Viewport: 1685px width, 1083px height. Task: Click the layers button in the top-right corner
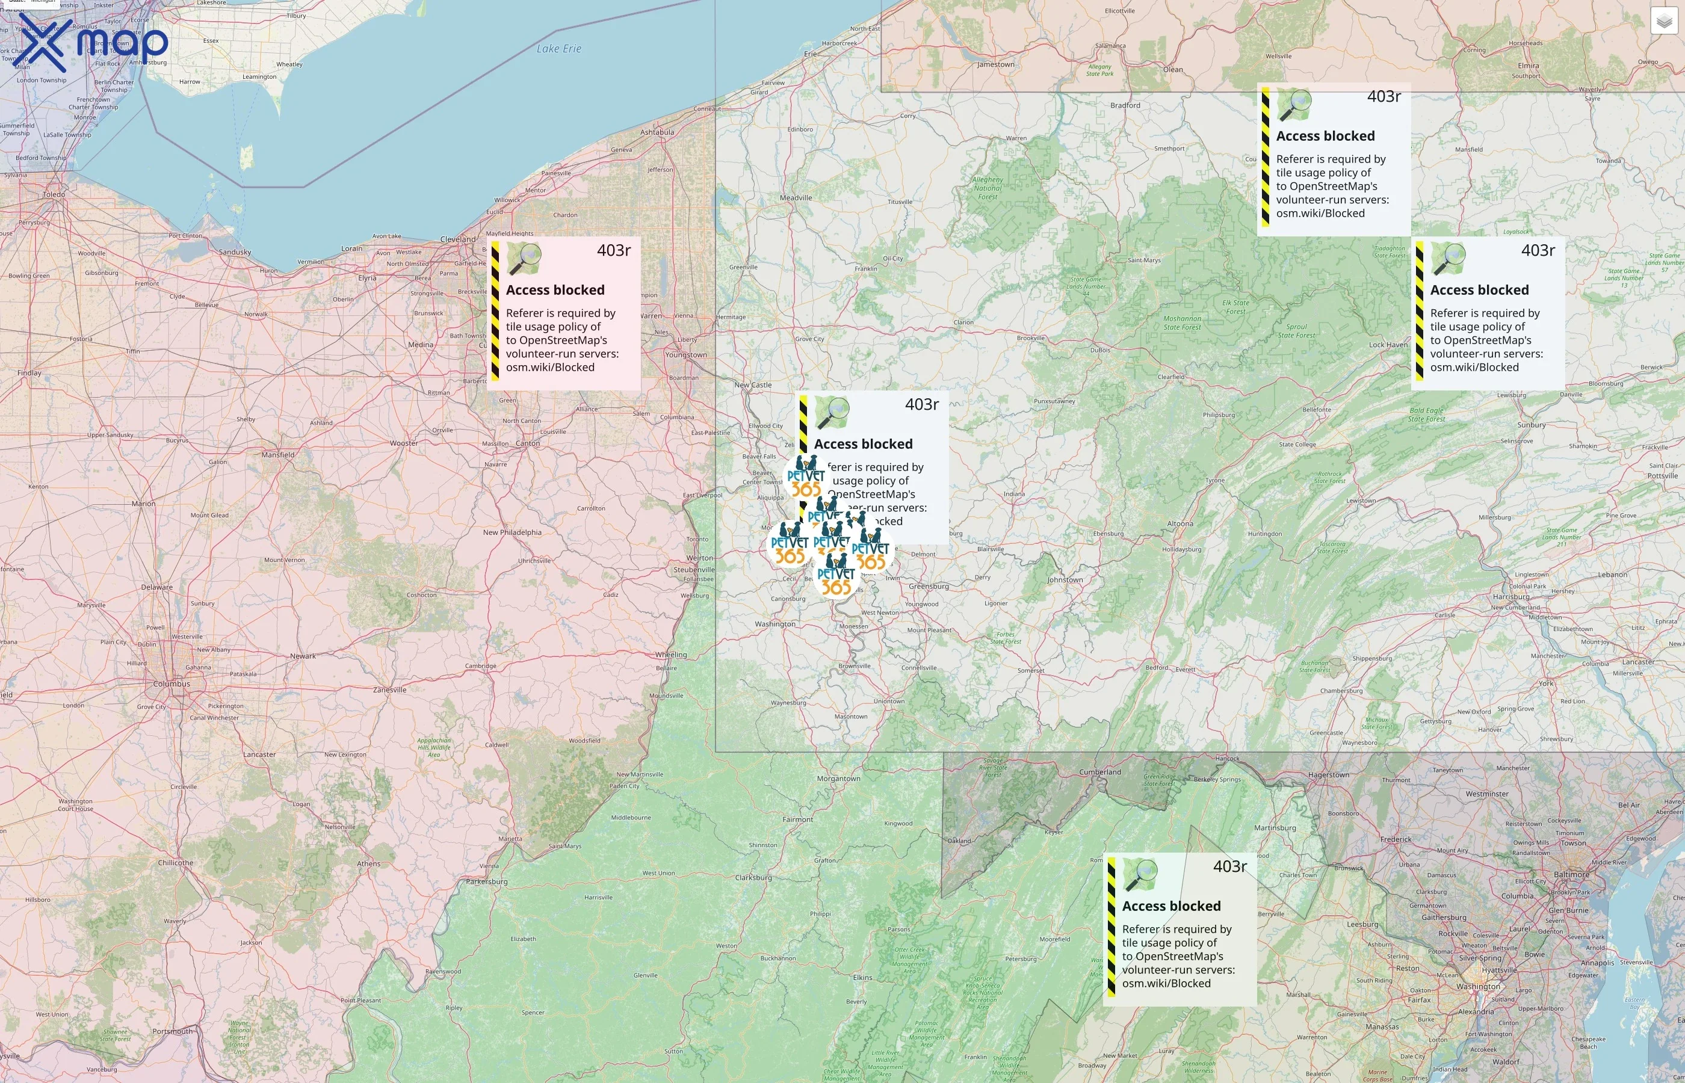pos(1664,21)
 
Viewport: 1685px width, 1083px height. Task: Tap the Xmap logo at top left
pos(93,43)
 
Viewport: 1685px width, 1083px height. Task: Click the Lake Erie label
pos(558,49)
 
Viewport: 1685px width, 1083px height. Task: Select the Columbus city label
pos(172,683)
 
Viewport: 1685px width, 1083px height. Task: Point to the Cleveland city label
pos(458,239)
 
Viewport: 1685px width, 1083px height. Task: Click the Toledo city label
pos(54,194)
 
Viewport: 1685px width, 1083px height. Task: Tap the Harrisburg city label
pos(1530,597)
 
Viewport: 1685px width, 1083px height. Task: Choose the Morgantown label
pos(838,779)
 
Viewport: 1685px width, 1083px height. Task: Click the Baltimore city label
pos(1571,875)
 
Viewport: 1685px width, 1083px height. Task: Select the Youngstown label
pos(685,354)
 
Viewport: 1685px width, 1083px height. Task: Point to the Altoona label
pos(1180,524)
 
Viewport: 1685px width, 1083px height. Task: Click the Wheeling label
pos(671,655)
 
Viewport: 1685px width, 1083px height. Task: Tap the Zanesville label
pos(389,690)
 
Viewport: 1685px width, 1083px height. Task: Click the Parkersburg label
pos(487,881)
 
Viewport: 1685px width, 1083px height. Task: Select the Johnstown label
pos(1065,579)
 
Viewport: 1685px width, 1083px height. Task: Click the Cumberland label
pos(1100,772)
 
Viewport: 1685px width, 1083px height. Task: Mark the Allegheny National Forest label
pos(988,188)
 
